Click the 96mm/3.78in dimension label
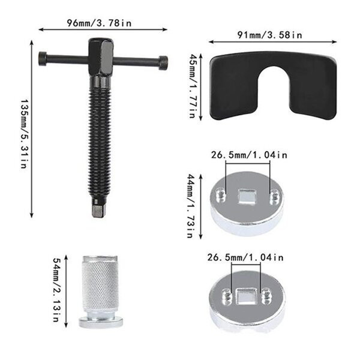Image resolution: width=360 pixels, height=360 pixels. [x=99, y=23]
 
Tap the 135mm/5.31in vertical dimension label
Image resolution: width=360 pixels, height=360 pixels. [x=24, y=134]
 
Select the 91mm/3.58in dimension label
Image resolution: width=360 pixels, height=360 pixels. [x=270, y=35]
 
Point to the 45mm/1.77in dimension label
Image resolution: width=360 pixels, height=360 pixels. [x=192, y=86]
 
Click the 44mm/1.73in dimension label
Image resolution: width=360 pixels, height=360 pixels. [x=191, y=206]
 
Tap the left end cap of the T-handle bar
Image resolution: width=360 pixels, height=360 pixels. [x=43, y=59]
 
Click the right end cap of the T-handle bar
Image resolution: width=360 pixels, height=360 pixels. [x=163, y=62]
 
